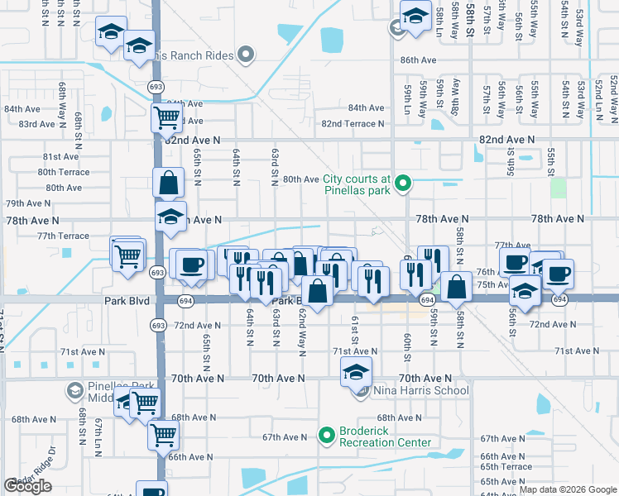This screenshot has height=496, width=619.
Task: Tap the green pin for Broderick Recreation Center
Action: coord(327,434)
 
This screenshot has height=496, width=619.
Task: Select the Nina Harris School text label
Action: coord(421,390)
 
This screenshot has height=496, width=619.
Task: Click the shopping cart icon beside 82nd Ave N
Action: coord(167,119)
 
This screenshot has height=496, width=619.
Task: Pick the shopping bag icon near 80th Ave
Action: coord(169,183)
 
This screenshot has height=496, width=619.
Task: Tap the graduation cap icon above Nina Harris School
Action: coord(357,372)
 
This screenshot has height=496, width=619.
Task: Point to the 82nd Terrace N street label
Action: coord(353,124)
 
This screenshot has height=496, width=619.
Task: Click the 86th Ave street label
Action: coord(418,60)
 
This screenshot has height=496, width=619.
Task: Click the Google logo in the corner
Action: coord(27,486)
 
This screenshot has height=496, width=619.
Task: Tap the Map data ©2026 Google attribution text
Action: coord(568,489)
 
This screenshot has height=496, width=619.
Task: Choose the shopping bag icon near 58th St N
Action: coord(456,287)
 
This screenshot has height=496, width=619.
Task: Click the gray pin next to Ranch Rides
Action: coord(245,55)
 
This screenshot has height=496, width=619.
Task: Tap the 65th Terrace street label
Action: coord(506,467)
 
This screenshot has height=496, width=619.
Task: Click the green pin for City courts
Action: coord(403,183)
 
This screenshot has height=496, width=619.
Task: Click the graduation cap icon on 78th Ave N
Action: coord(171,218)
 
